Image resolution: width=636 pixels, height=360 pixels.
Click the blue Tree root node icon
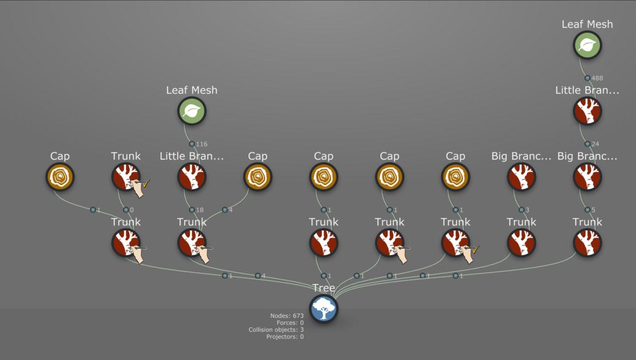click(324, 309)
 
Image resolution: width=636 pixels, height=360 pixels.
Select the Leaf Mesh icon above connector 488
click(587, 45)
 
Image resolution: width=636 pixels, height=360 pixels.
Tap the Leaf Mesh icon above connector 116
click(192, 111)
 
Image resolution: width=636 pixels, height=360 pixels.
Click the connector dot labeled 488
click(587, 78)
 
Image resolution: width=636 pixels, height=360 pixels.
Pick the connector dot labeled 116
click(192, 144)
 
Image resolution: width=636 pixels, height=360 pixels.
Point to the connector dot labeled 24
click(587, 144)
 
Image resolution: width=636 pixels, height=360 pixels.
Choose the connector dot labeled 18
click(192, 210)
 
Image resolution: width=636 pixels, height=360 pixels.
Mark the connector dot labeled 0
click(126, 210)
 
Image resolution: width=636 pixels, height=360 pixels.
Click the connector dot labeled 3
click(522, 210)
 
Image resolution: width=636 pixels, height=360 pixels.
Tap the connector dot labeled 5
click(587, 210)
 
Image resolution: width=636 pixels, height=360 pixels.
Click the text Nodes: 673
click(287, 316)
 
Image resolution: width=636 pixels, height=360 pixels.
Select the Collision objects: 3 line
click(276, 330)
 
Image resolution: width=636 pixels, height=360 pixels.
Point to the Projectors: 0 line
click(285, 337)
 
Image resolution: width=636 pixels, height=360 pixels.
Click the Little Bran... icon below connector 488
click(587, 111)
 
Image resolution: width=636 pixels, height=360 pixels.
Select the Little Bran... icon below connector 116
click(192, 177)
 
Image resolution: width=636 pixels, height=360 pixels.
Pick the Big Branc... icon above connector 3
click(522, 177)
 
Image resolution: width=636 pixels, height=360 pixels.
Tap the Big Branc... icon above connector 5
click(587, 177)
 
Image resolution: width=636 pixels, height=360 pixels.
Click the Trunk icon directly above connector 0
click(126, 177)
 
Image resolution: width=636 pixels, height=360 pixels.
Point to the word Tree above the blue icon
click(324, 288)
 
